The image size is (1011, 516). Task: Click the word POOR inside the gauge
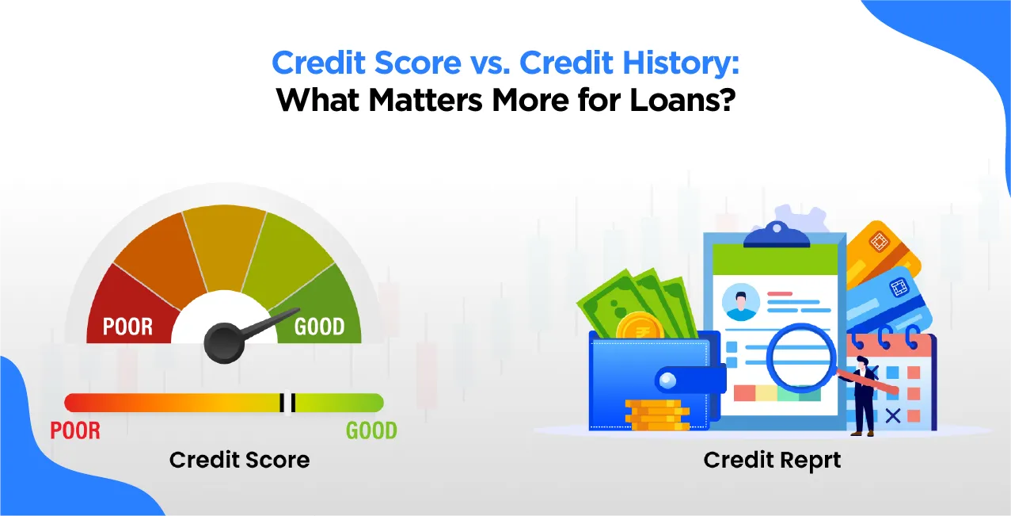coord(127,326)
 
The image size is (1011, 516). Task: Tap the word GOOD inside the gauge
coord(319,326)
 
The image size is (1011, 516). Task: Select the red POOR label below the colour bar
coord(75,430)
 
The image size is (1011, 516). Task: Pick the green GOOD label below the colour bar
coord(371,430)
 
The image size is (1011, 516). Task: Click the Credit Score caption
coord(239,460)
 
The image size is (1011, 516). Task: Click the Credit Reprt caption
coord(772,460)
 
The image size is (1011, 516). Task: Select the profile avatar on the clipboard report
coord(741,302)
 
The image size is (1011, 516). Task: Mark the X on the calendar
coord(893,414)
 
